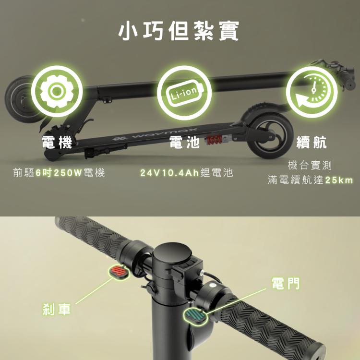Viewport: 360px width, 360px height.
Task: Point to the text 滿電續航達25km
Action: [310, 180]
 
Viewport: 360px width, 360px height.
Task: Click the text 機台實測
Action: [310, 166]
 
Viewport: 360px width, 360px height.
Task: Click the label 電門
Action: [286, 283]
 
